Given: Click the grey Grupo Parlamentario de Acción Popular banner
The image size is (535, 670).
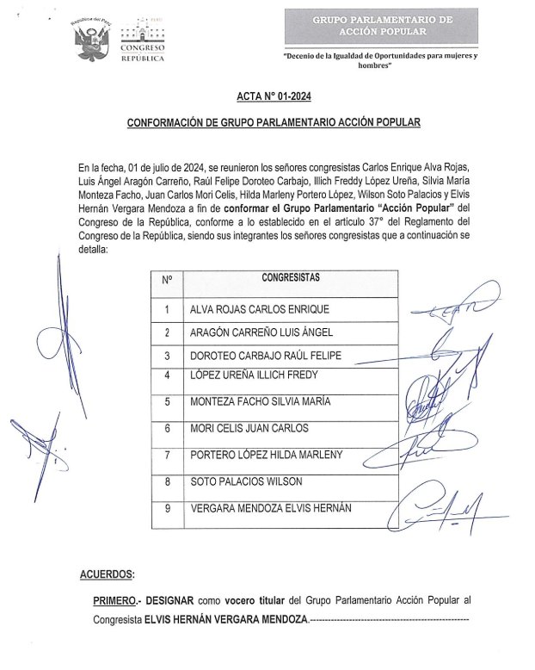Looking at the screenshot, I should pos(381,27).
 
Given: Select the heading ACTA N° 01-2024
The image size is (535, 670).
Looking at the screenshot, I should pos(273,98).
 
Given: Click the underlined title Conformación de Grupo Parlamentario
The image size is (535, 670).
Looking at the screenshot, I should pos(274,123).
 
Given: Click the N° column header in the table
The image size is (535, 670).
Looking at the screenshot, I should pos(167,278).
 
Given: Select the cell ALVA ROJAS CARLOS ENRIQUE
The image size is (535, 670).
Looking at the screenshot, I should pos(259,308).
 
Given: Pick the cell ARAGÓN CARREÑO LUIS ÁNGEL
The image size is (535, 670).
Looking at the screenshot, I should pos(261,332).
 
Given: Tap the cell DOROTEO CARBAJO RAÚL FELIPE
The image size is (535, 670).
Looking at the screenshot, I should pos(265,356).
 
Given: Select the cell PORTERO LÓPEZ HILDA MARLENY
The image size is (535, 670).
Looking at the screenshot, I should pos(266,455).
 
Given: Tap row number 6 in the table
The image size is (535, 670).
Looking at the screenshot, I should pos(167,428).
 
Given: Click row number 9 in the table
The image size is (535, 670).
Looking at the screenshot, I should pos(167,508).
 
